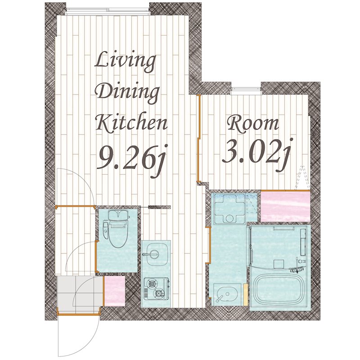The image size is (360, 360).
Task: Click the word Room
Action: click(253, 124)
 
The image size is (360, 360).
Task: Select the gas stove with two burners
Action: click(156, 288)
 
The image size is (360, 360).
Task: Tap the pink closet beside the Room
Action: click(285, 206)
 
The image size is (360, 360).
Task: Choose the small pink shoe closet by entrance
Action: click(115, 291)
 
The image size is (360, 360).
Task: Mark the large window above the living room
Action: click(108, 11)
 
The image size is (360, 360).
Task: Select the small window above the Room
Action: click(246, 90)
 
